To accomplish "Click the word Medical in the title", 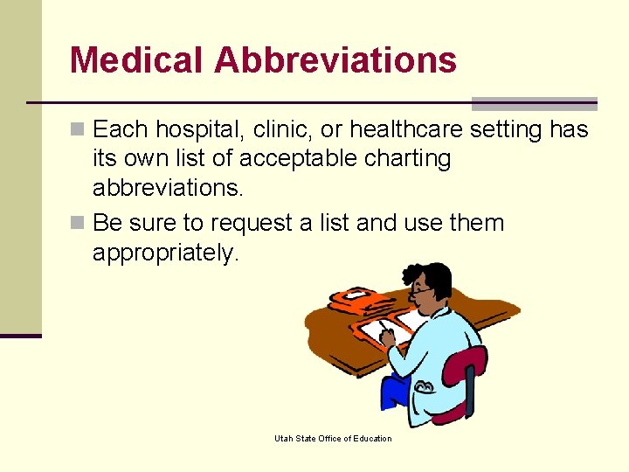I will click(136, 60).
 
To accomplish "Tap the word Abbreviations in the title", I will click(335, 60).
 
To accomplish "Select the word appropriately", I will click(165, 253).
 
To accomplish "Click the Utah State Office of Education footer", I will click(333, 439).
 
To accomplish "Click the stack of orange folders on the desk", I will click(359, 302).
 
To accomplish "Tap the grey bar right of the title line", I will click(534, 103).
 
